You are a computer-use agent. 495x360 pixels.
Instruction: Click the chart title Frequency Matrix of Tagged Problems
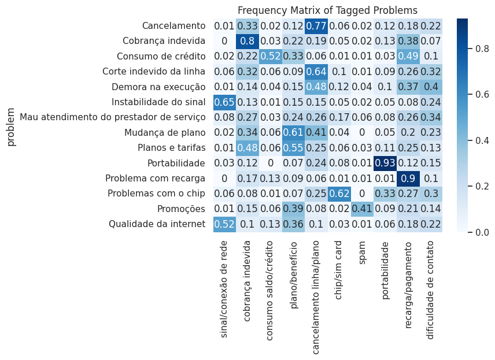(x=327, y=10)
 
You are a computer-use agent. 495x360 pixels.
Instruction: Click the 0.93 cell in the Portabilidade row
(x=386, y=163)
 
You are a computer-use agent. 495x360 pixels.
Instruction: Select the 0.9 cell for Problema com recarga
(x=409, y=178)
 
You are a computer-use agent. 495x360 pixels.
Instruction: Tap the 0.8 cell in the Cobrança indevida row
(x=247, y=41)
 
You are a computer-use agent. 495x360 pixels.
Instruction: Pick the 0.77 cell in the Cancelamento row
(x=316, y=26)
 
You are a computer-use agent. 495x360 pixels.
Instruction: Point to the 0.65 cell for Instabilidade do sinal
(x=224, y=102)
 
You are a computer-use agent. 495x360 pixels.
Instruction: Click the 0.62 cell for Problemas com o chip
(x=339, y=194)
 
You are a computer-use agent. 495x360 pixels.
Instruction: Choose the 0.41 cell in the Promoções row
(x=363, y=209)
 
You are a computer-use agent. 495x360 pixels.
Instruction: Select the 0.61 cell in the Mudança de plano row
(x=294, y=132)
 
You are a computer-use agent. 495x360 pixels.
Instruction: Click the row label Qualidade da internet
(x=157, y=224)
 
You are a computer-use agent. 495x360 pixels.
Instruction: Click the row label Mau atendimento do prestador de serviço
(x=113, y=117)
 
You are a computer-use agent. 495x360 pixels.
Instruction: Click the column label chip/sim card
(x=339, y=271)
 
